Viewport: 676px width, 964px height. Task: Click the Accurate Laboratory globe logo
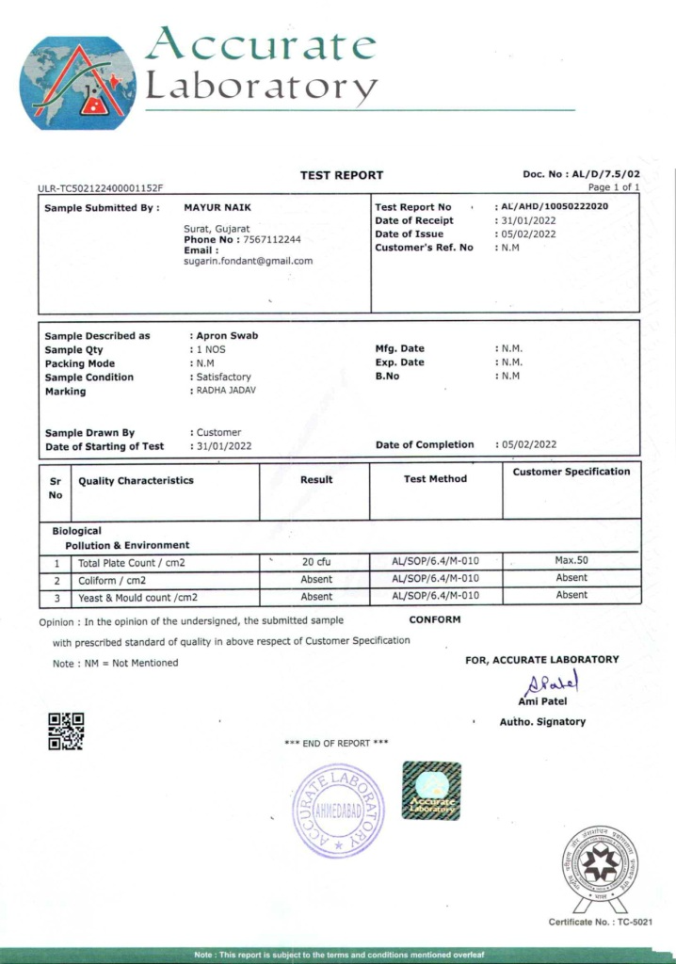[x=77, y=82]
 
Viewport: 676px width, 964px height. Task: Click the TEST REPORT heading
[x=341, y=175]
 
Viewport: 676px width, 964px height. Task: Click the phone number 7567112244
[x=272, y=240]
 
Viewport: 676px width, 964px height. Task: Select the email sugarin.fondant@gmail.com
[x=248, y=261]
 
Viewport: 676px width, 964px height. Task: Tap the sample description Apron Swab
[x=226, y=335]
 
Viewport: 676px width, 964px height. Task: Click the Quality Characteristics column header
[x=136, y=480]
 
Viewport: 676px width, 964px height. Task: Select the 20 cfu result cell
[x=315, y=562]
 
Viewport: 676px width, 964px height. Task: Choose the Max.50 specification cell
[x=571, y=560]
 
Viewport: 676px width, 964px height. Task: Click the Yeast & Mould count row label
[x=137, y=597]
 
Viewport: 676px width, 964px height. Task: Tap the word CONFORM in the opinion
[x=434, y=620]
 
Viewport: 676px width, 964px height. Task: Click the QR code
[x=66, y=731]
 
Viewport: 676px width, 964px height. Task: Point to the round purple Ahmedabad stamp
[x=338, y=810]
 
